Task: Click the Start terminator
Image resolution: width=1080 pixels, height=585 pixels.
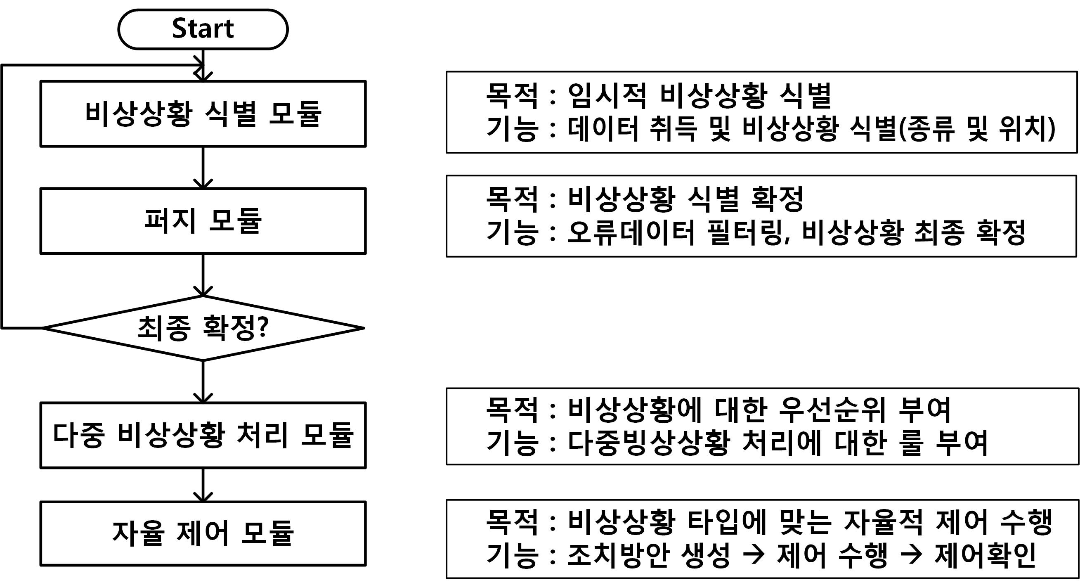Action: pyautogui.click(x=203, y=29)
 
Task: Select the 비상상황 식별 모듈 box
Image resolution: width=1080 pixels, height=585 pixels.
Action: pyautogui.click(x=203, y=114)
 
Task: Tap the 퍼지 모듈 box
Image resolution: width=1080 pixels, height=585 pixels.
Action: pyautogui.click(x=203, y=220)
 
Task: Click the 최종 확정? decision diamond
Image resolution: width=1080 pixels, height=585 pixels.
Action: pyautogui.click(x=203, y=328)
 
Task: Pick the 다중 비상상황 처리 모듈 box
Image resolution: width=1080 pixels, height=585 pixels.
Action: pyautogui.click(x=203, y=435)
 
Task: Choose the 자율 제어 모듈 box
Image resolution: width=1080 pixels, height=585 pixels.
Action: pyautogui.click(x=203, y=533)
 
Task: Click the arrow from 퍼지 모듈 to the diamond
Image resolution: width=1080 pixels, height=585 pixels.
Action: pyautogui.click(x=203, y=275)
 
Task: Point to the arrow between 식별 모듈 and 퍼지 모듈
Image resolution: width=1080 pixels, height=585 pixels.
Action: pyautogui.click(x=203, y=167)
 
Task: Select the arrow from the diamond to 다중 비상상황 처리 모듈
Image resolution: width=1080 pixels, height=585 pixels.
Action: pyautogui.click(x=203, y=381)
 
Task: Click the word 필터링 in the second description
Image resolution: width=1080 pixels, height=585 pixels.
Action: pyautogui.click(x=747, y=232)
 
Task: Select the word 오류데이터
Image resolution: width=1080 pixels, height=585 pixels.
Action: pyautogui.click(x=631, y=232)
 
